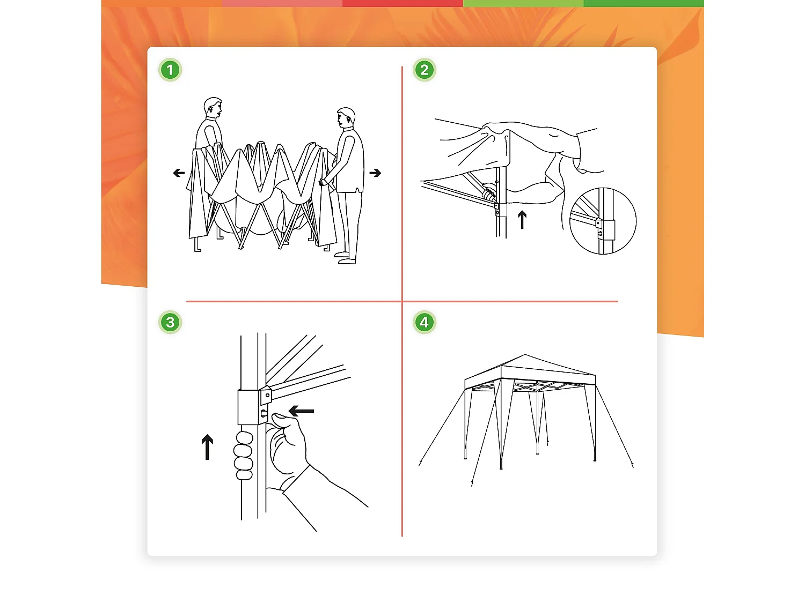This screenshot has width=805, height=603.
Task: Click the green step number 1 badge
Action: coord(170,70)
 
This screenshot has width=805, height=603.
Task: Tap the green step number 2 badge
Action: coord(424,70)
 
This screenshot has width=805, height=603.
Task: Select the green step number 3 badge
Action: coord(170,322)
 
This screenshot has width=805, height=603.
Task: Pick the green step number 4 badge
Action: coord(424,322)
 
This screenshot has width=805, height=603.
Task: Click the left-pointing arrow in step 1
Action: coord(179,173)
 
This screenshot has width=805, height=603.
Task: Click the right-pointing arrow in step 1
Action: coord(375,173)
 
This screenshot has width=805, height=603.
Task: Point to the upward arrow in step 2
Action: coord(522,219)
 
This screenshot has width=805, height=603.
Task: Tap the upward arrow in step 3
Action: coord(207,447)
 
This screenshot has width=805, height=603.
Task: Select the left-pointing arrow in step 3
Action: coord(301,411)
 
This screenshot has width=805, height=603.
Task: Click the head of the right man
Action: coord(346,118)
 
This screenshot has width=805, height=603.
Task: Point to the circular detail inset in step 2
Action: coord(603,221)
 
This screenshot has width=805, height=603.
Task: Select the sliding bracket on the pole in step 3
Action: coord(251,407)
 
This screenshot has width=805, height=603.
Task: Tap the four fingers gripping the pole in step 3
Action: coord(243,456)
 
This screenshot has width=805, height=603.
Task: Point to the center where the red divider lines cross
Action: coord(402,301)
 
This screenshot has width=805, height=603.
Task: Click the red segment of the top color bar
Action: coord(402,3)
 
